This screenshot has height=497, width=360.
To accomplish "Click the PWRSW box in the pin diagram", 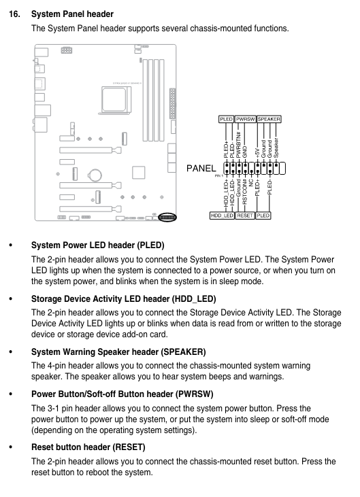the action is click(x=246, y=118).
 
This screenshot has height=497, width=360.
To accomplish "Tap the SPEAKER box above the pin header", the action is click(x=269, y=118).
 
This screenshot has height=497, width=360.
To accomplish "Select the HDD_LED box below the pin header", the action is click(x=222, y=216).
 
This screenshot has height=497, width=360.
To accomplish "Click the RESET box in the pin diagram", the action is click(x=245, y=216).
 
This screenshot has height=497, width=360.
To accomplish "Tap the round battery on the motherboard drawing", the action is click(x=95, y=174).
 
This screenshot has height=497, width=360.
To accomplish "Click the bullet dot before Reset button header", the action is click(x=10, y=447).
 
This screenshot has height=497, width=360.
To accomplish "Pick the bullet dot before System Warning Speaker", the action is click(x=10, y=352).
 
